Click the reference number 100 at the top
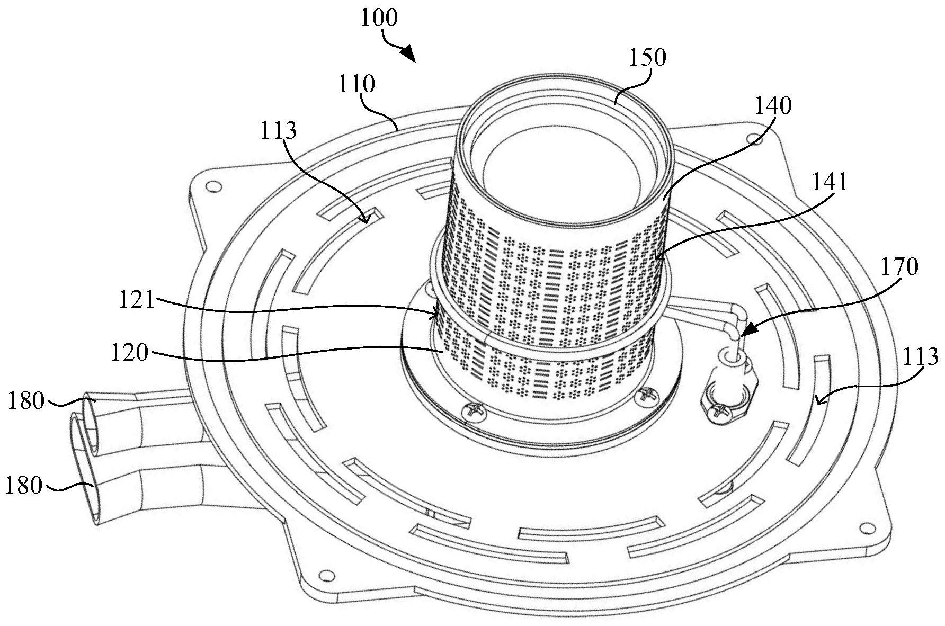(379, 19)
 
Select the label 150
(647, 58)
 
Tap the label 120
(130, 353)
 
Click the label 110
(356, 84)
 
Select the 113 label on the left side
(279, 130)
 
